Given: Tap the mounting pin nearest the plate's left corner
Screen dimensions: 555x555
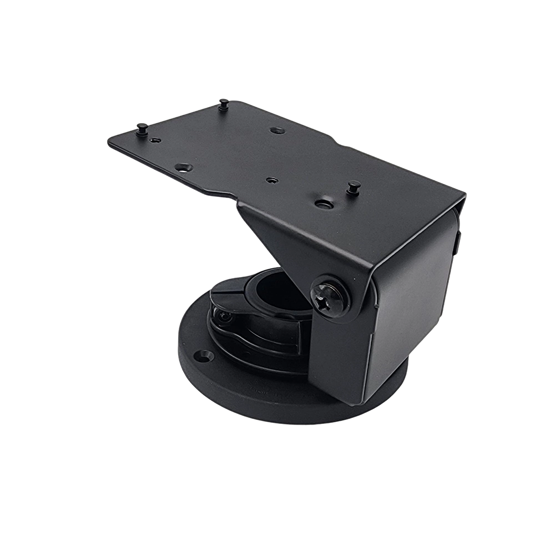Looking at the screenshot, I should pos(141,130).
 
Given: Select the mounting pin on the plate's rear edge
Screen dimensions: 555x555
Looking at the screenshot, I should pos(223,104).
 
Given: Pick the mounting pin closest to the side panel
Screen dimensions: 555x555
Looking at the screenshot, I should pos(351,189).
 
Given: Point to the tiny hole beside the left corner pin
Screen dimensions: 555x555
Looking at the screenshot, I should pos(156,140).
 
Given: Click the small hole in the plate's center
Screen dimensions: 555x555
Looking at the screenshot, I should pos(271,180).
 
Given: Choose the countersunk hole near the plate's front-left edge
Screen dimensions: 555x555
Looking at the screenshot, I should pos(183,166).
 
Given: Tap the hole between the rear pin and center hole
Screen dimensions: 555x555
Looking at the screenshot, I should pos(276,131).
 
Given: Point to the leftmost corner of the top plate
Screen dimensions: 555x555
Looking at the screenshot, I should pos(109,137).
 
